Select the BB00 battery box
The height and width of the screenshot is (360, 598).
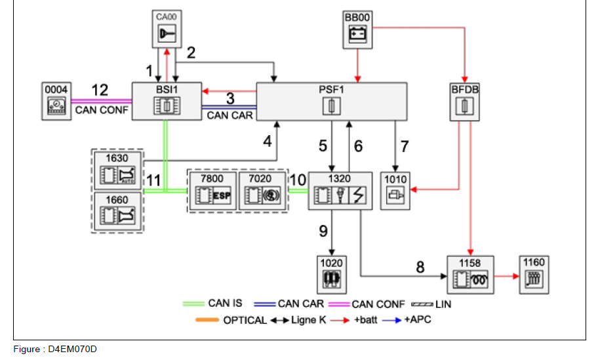tap(357, 29)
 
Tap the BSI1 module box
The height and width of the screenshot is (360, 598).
tap(167, 101)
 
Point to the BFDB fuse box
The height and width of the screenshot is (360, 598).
tap(465, 101)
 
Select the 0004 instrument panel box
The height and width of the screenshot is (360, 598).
tap(56, 101)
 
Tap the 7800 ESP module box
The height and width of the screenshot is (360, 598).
tap(211, 191)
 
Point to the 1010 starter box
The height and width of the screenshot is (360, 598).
tap(395, 191)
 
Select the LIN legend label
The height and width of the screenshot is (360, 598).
tap(443, 304)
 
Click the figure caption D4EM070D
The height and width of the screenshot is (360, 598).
tap(55, 350)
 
